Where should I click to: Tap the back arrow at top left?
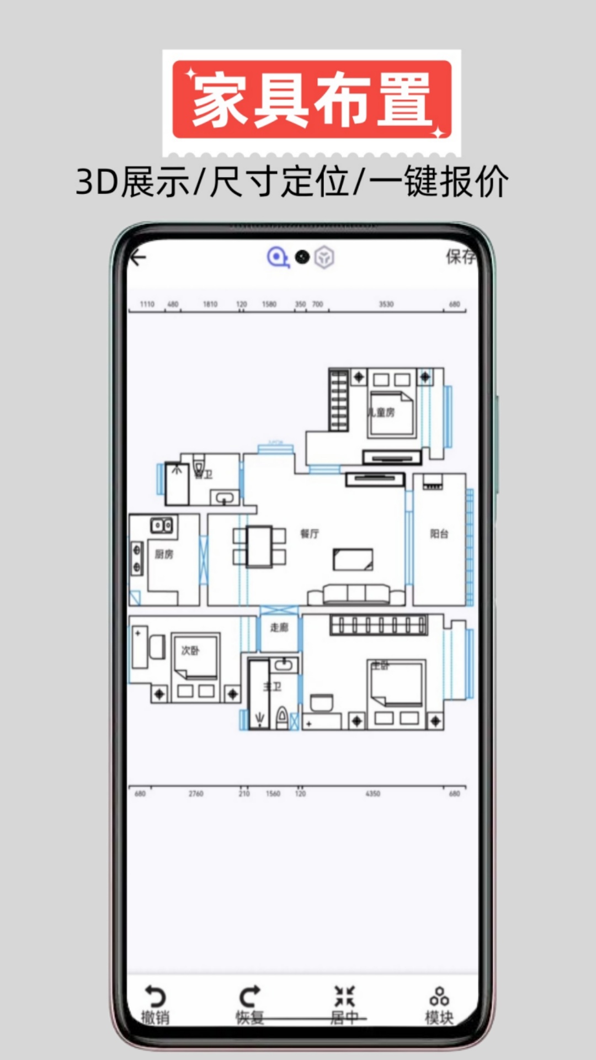[x=138, y=257]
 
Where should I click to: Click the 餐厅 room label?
[x=310, y=533]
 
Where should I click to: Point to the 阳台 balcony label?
[x=439, y=533]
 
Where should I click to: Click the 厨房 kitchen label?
[x=164, y=554]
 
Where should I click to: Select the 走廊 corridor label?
[x=279, y=627]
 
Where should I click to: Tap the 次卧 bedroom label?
[x=190, y=650]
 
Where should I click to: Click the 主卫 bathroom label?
[x=273, y=686]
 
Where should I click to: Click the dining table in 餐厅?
[x=259, y=547]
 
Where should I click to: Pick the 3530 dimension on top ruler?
[x=386, y=304]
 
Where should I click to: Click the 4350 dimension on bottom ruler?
[x=373, y=793]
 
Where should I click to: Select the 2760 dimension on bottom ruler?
[x=196, y=793]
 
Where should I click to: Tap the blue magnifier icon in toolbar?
[x=278, y=257]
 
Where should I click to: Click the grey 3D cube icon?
[x=324, y=257]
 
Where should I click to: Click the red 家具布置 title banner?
[x=312, y=100]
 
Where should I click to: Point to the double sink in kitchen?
[x=162, y=525]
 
